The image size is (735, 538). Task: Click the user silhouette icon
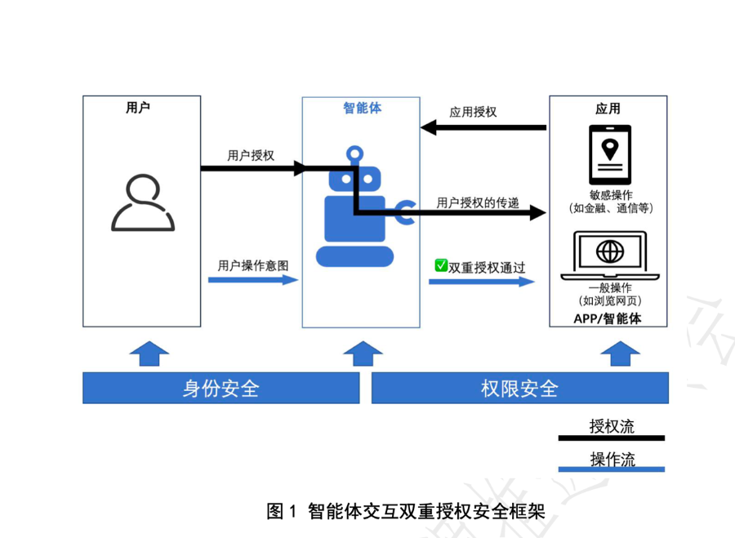(x=143, y=203)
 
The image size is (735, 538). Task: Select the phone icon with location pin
(x=610, y=154)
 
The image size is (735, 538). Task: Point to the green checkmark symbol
(x=441, y=265)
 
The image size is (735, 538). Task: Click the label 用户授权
(x=251, y=155)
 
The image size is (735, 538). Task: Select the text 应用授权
(x=473, y=112)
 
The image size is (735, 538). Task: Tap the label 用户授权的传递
(x=478, y=202)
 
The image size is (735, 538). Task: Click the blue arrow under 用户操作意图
(x=253, y=280)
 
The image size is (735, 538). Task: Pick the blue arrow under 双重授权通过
(x=482, y=282)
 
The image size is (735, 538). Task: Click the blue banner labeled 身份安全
(x=220, y=388)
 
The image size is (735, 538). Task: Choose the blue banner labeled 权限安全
(x=519, y=388)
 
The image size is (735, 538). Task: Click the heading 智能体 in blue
(x=362, y=108)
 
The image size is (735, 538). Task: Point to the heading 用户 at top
(x=138, y=107)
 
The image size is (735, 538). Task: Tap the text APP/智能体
(x=607, y=318)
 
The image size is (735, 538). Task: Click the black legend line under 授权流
(x=611, y=438)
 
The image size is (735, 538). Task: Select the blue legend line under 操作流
(x=611, y=469)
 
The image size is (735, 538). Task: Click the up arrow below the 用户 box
(x=149, y=353)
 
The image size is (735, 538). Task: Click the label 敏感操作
(x=610, y=196)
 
